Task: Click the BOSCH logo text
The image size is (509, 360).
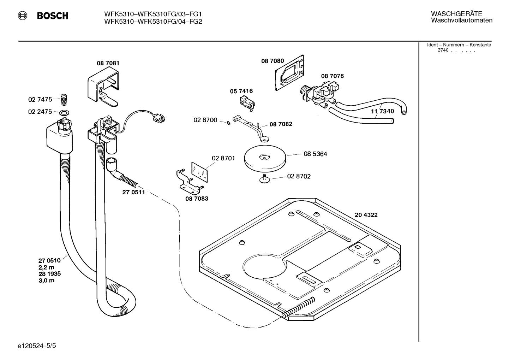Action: [x=52, y=16]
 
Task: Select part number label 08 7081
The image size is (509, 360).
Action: [x=108, y=63]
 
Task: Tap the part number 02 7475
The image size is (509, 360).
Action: [x=40, y=100]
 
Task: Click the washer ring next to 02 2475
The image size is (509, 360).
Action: [x=64, y=113]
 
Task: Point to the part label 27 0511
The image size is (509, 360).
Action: [x=133, y=193]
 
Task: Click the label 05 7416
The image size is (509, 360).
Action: [x=241, y=91]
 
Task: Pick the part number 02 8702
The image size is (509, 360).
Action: [x=299, y=176]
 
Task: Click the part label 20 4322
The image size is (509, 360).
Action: [x=366, y=215]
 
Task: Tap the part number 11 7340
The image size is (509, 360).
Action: [x=382, y=111]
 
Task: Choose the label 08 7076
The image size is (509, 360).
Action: [x=332, y=76]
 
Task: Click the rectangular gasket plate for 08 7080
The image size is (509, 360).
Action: [x=290, y=72]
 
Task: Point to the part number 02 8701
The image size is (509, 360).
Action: [x=223, y=158]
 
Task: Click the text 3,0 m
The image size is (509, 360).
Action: [x=46, y=281]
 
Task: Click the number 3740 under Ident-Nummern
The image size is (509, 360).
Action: [x=443, y=50]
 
